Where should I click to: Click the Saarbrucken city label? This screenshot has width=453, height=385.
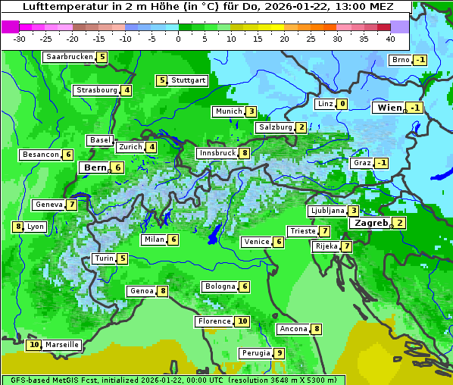[x=70, y=57]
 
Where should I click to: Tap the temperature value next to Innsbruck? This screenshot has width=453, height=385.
[x=245, y=153]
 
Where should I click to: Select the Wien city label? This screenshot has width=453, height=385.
[x=389, y=108]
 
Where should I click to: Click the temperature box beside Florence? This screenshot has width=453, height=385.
[x=242, y=321]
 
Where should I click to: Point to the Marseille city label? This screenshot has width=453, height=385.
[x=61, y=345]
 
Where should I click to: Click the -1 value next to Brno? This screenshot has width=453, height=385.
[x=420, y=61]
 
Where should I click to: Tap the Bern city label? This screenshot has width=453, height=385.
[x=95, y=167]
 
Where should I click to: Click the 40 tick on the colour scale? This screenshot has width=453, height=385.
[x=390, y=39]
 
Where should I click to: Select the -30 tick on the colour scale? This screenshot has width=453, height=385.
[x=20, y=39]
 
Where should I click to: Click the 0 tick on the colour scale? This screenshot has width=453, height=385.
[x=178, y=39]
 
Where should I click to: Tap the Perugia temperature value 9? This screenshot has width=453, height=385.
[x=279, y=353]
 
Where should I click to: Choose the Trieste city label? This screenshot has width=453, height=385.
[x=302, y=231]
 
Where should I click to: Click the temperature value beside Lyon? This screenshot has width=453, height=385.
[x=17, y=227]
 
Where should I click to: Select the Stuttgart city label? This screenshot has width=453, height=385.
[x=189, y=80]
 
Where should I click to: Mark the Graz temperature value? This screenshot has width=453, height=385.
[x=382, y=163]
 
